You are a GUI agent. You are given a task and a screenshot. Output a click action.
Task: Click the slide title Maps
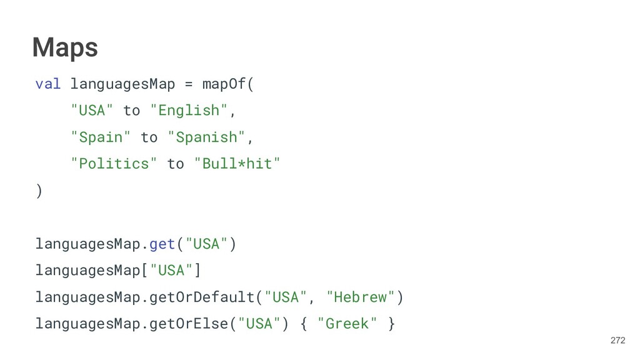tap(65, 47)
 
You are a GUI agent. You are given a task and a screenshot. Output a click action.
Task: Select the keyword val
tap(47, 84)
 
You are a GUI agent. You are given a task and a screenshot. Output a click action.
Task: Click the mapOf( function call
tap(228, 84)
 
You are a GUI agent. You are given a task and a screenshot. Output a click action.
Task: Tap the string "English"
tap(189, 111)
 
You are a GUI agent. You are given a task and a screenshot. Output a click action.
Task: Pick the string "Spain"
tap(101, 137)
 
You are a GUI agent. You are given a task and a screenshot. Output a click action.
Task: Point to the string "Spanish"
tap(207, 137)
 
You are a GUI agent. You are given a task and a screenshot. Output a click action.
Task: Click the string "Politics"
tap(109, 164)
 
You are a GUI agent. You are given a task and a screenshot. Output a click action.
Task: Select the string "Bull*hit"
tap(237, 164)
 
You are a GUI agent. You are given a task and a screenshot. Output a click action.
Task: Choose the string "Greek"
tap(347, 324)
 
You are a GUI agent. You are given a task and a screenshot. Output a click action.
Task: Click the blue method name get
tap(162, 244)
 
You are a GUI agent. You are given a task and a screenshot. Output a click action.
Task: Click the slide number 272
tap(617, 341)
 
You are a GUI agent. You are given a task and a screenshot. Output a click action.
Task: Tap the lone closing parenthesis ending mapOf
tap(39, 191)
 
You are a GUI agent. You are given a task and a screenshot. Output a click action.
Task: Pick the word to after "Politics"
tap(176, 164)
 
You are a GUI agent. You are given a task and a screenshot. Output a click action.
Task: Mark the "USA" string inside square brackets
tap(171, 271)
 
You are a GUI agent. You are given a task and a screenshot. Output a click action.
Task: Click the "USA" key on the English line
tap(92, 111)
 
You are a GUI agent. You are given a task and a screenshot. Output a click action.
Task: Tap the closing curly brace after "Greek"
tap(391, 324)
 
